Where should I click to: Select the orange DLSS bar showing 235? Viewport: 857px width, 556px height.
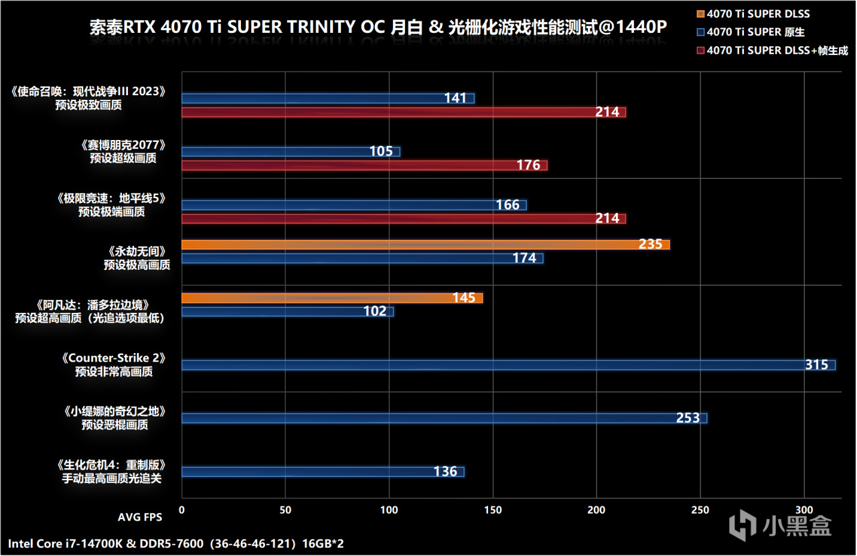(x=425, y=245)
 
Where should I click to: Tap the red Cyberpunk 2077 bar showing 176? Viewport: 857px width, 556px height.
(x=364, y=165)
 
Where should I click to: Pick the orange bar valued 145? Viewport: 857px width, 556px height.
(x=331, y=298)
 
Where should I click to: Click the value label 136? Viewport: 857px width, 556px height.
(x=445, y=472)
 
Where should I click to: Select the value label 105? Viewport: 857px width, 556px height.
(x=381, y=151)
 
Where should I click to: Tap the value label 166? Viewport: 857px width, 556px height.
(x=508, y=205)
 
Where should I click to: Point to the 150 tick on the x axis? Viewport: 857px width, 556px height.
(x=493, y=510)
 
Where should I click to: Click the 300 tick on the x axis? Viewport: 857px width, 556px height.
(x=804, y=510)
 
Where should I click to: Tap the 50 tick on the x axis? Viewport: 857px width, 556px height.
(x=285, y=510)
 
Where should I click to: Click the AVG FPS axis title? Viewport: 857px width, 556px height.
(x=140, y=517)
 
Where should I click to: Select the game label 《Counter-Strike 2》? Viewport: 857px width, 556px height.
(x=113, y=358)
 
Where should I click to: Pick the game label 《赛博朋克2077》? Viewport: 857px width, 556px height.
(x=123, y=145)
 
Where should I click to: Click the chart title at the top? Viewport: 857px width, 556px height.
(x=378, y=29)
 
